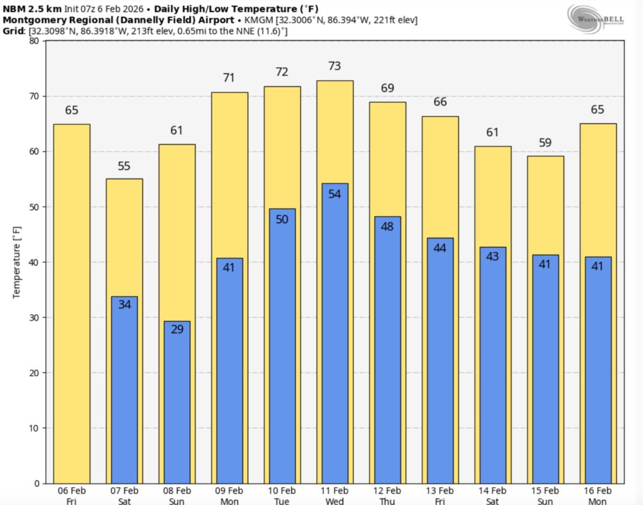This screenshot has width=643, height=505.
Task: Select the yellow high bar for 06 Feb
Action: (x=72, y=301)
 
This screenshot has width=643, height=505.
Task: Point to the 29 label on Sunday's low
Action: (x=177, y=329)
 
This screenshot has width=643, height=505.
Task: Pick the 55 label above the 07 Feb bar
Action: (x=124, y=166)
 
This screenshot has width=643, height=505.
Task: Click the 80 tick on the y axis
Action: (x=33, y=41)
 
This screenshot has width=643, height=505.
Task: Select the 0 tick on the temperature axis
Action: (x=36, y=483)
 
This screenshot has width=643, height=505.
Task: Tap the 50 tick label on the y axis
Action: (x=33, y=207)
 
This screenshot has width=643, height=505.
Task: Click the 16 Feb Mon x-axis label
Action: (x=597, y=495)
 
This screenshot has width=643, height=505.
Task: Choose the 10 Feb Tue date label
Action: (x=282, y=495)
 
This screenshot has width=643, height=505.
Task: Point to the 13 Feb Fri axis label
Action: (x=440, y=495)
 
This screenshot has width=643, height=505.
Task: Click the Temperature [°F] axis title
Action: (x=17, y=262)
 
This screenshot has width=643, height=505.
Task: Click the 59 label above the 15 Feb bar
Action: (x=545, y=143)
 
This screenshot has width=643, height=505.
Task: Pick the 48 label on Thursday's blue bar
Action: (x=387, y=226)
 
